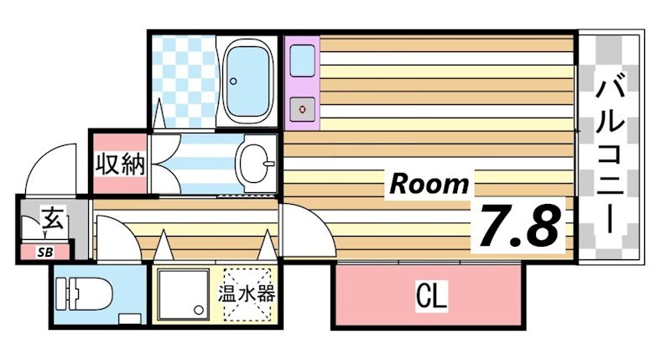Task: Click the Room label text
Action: (429, 182)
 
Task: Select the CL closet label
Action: (431, 295)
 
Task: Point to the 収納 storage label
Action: (119, 163)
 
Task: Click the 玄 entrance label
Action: (52, 222)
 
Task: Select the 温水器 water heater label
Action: (247, 295)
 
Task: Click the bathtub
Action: (247, 80)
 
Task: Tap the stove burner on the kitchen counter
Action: (301, 107)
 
